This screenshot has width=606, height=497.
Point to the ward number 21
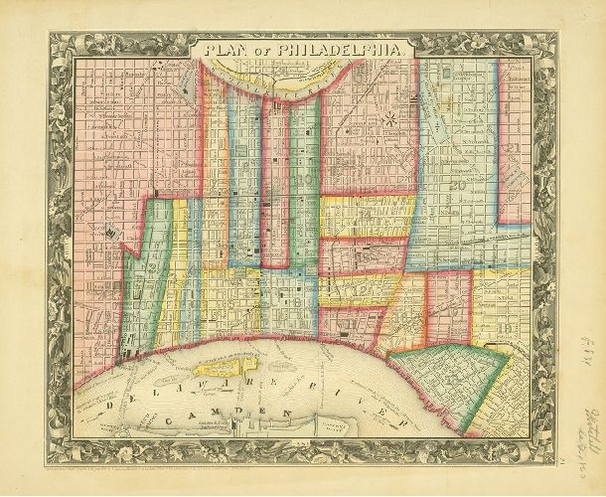[514, 150]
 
